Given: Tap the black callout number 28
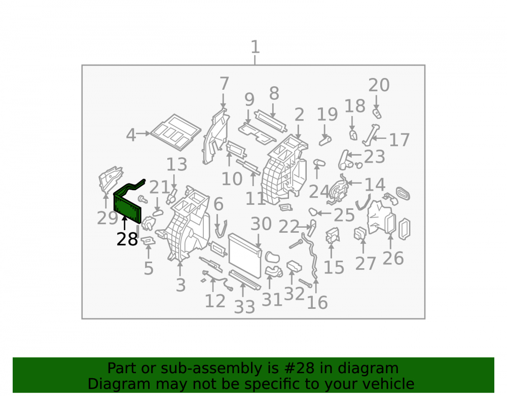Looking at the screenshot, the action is pos(127,239).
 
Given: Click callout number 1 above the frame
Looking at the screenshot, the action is pos(255,47).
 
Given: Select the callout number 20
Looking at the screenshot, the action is pos(379,85).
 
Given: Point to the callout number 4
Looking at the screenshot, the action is pos(131,135).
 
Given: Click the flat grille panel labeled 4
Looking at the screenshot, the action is pos(176,132).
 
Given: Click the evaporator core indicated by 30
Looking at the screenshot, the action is pos(245,256).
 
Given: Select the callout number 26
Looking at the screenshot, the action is pos(393,258).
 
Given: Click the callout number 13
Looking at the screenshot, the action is pos(176,165).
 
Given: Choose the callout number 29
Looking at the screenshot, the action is pos(107,218).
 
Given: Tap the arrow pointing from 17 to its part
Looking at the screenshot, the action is pos(379,138).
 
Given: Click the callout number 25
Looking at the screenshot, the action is pos(344,214).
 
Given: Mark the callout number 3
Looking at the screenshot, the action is pos(181,285).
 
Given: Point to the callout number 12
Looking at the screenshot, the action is pos(215,301).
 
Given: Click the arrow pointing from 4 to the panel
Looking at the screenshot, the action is pos(143,133).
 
